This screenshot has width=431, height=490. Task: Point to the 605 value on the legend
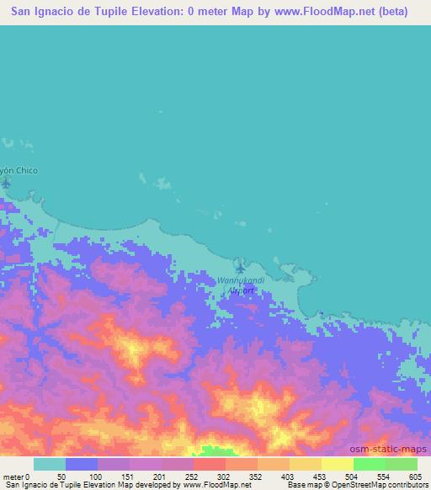[417, 477]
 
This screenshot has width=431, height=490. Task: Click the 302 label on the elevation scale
[224, 477]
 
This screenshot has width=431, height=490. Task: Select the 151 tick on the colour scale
[127, 477]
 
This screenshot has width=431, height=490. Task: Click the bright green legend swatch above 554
[369, 465]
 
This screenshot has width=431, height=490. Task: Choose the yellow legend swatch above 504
[337, 465]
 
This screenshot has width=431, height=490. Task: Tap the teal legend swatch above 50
[50, 465]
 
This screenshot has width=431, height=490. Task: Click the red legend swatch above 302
[209, 465]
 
